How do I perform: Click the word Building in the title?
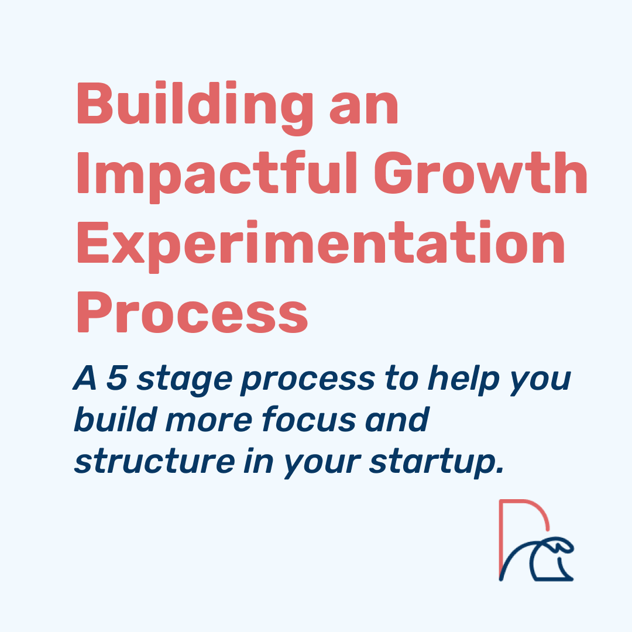point(195,108)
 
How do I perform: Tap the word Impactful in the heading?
point(217,177)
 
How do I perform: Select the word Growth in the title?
point(480,173)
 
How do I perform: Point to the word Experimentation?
point(321,246)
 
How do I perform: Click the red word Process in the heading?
point(193,312)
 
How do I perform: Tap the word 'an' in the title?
point(364,108)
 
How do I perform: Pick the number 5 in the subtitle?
point(117,378)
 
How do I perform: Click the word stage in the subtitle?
point(184,381)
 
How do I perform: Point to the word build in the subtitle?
point(115,419)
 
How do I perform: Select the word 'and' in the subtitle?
point(397,419)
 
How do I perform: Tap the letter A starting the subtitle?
point(86,378)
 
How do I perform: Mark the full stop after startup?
point(500,470)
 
